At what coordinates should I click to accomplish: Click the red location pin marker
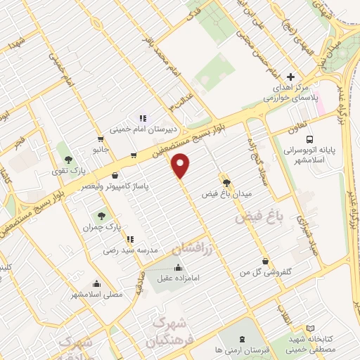(181, 165)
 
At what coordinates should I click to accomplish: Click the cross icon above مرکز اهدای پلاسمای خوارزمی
(290, 77)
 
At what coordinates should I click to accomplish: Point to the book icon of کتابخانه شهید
(311, 328)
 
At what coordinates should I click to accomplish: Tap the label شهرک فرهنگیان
(168, 332)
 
